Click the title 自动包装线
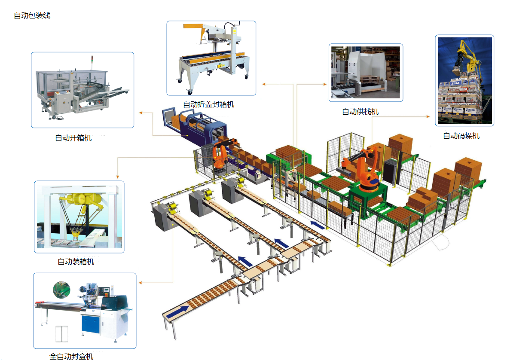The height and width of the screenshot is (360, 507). click(x=32, y=16)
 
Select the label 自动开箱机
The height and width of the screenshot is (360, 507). click(x=73, y=138)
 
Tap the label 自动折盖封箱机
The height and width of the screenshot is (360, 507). click(x=209, y=104)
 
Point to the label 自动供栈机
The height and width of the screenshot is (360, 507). click(x=360, y=112)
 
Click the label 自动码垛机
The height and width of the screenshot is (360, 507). click(x=461, y=136)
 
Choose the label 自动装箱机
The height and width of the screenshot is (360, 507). click(x=76, y=261)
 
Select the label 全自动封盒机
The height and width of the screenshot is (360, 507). click(x=71, y=356)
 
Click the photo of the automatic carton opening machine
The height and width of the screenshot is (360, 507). click(x=82, y=90)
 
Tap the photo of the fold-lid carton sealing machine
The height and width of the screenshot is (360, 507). click(x=211, y=58)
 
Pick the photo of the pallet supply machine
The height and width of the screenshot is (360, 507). click(x=366, y=72)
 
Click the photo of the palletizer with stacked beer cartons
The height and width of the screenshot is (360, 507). click(x=464, y=80)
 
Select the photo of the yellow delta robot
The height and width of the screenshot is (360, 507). click(x=79, y=217)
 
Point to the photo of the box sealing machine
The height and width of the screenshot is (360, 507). click(x=85, y=311)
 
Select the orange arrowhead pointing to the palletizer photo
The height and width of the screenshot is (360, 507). click(x=427, y=116)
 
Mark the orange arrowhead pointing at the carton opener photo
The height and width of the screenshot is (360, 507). click(x=140, y=113)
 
